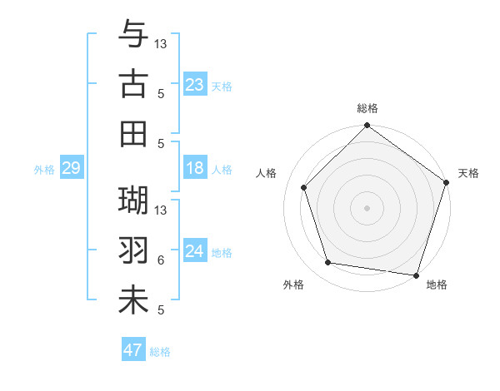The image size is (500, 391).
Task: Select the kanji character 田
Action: (x=134, y=133)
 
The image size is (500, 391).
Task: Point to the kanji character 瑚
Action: (x=134, y=200)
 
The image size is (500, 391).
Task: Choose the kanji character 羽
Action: (x=134, y=250)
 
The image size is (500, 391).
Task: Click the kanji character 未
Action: (x=134, y=299)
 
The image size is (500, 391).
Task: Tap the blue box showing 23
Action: (x=195, y=84)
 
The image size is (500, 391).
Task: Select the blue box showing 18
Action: (x=195, y=169)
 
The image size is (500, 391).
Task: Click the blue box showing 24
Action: (x=195, y=252)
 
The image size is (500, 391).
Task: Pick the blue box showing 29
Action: (x=71, y=169)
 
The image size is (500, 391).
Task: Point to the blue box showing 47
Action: (x=133, y=350)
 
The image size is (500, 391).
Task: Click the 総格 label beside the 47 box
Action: (x=160, y=352)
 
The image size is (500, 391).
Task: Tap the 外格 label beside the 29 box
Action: (x=44, y=170)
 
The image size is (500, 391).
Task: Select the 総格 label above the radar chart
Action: (x=367, y=109)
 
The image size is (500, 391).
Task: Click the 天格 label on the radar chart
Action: (x=469, y=173)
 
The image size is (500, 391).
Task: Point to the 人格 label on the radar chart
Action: (x=267, y=173)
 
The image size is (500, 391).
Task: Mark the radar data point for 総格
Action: (x=367, y=127)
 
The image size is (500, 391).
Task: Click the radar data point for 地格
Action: (x=417, y=275)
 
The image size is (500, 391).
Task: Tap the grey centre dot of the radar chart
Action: (x=367, y=207)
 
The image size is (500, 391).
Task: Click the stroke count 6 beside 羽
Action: (x=161, y=260)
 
